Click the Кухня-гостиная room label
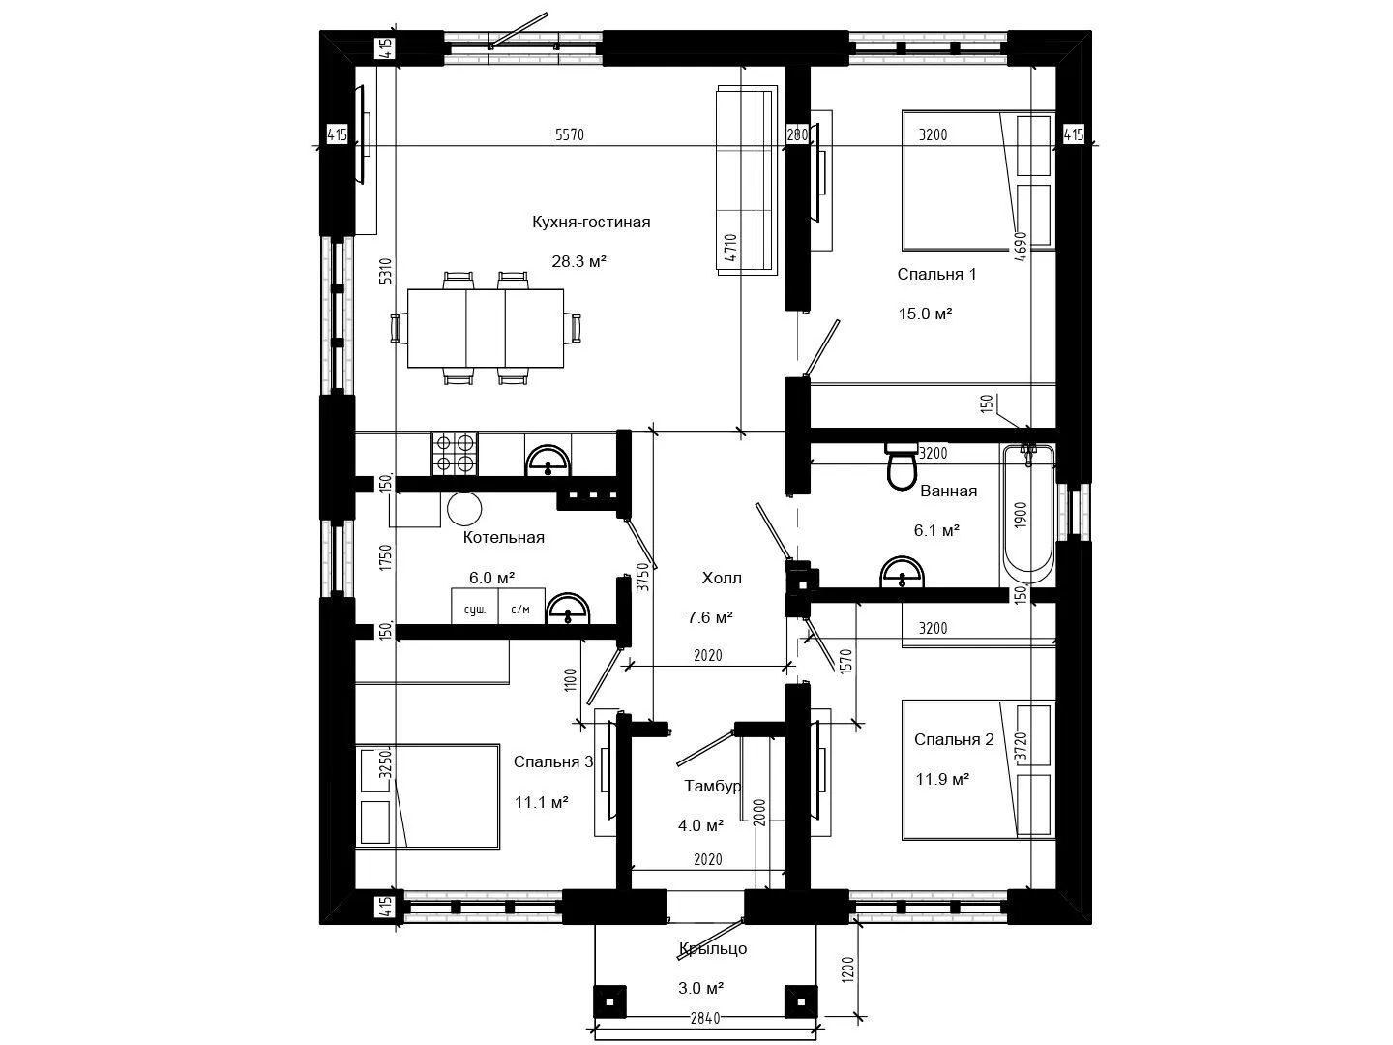(591, 223)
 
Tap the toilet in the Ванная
(902, 467)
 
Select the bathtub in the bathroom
(1028, 514)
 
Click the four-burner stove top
(455, 454)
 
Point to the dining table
(486, 328)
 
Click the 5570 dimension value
(569, 134)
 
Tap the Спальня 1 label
(936, 274)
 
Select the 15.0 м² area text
(925, 313)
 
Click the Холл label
(722, 578)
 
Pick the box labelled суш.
(475, 607)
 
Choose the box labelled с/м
(521, 607)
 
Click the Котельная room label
(503, 537)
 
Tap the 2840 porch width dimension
(705, 1018)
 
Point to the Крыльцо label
(713, 948)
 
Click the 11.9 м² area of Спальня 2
(942, 779)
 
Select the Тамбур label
(712, 786)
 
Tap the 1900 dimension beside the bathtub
(1021, 515)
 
